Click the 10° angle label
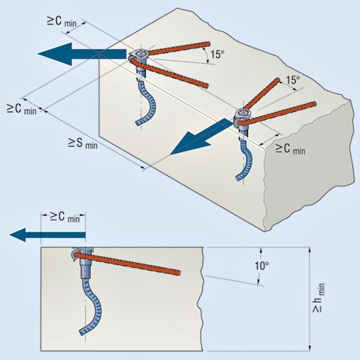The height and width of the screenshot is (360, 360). pos(261,266)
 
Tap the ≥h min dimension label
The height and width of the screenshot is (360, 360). pos(318,298)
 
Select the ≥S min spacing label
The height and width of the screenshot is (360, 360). pos(83,143)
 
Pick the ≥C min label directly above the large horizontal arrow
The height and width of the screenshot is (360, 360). pos(62,22)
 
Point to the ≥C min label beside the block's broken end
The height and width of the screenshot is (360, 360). pos(291,149)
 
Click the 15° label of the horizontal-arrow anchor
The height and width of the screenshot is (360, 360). pos(217,54)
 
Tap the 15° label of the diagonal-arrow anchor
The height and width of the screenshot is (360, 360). pos(293,80)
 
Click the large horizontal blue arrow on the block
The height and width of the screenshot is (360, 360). pos(82,54)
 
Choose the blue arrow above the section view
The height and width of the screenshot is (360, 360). pos(47,235)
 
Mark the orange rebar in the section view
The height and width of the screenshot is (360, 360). pos(128,263)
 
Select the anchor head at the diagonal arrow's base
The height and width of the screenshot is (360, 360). pos(242,118)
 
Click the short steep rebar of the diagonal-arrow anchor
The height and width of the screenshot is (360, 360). pos(261,93)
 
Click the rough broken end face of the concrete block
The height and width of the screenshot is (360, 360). pos(310,165)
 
